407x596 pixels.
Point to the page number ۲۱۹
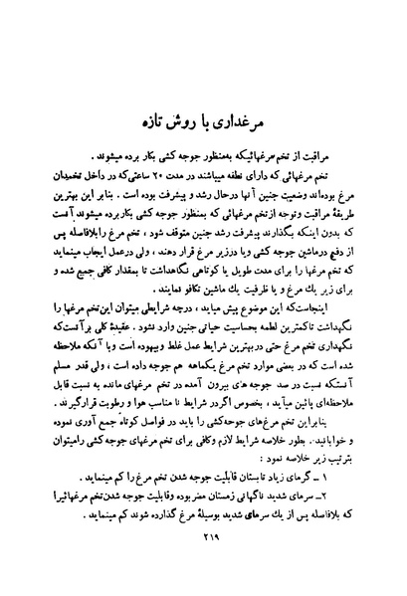coord(203,569)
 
